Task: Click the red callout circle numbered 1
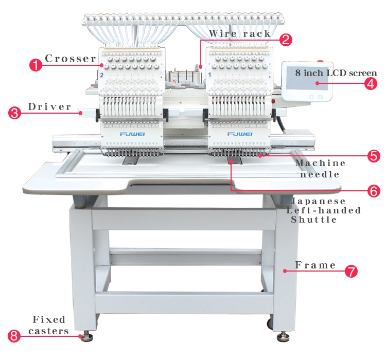[36, 65]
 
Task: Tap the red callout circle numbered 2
[286, 40]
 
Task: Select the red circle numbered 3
[14, 113]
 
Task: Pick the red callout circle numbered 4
[371, 83]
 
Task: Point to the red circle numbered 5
[374, 156]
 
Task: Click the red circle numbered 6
[374, 191]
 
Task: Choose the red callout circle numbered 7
[351, 271]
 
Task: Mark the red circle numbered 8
[14, 336]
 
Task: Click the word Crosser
[71, 59]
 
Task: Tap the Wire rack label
[239, 33]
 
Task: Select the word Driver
[49, 107]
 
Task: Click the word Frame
[315, 265]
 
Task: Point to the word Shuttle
[314, 220]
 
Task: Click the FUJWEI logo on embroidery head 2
[132, 134]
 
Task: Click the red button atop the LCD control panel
[320, 61]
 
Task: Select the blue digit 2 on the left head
[102, 75]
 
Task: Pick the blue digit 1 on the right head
[210, 75]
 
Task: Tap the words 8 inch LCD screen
[336, 73]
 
